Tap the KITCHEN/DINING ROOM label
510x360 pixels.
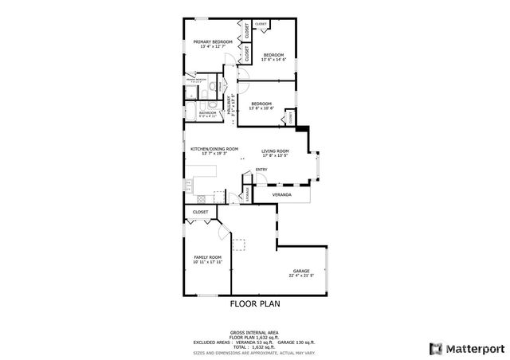pyautogui.click(x=214, y=149)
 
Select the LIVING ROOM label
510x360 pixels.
pyautogui.click(x=275, y=151)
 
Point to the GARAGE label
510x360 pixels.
pyautogui.click(x=300, y=272)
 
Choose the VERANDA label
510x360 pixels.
pyautogui.click(x=281, y=195)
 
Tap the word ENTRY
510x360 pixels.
pyautogui.click(x=261, y=170)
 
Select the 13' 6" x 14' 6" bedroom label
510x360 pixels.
pyautogui.click(x=274, y=55)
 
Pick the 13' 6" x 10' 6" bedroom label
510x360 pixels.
pyautogui.click(x=261, y=104)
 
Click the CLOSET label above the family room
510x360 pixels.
pyautogui.click(x=201, y=212)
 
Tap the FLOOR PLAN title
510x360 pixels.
pyautogui.click(x=255, y=303)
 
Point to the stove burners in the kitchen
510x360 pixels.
pyautogui.click(x=189, y=186)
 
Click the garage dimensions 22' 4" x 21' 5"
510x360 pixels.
pyautogui.click(x=301, y=276)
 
